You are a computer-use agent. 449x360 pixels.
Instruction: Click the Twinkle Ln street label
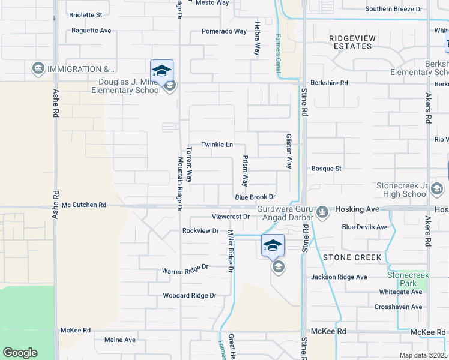click(217, 145)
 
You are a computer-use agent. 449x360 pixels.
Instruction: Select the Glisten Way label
click(289, 151)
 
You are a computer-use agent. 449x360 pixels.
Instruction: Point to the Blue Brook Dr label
click(255, 197)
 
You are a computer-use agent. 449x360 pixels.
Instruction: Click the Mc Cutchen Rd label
click(84, 205)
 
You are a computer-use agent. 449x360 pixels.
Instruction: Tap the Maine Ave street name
click(120, 340)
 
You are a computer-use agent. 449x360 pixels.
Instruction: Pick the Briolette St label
click(86, 14)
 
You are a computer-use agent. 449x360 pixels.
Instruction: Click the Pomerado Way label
click(224, 31)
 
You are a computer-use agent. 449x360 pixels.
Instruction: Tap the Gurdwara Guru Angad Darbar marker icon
click(323, 211)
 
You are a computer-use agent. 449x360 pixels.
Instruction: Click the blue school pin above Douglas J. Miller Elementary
click(161, 72)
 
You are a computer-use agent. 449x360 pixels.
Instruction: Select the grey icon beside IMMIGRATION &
click(39, 69)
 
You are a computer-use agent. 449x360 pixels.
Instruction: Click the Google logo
click(20, 353)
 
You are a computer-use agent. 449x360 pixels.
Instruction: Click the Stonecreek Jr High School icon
click(438, 190)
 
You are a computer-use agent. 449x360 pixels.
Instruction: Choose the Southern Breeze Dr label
click(393, 9)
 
